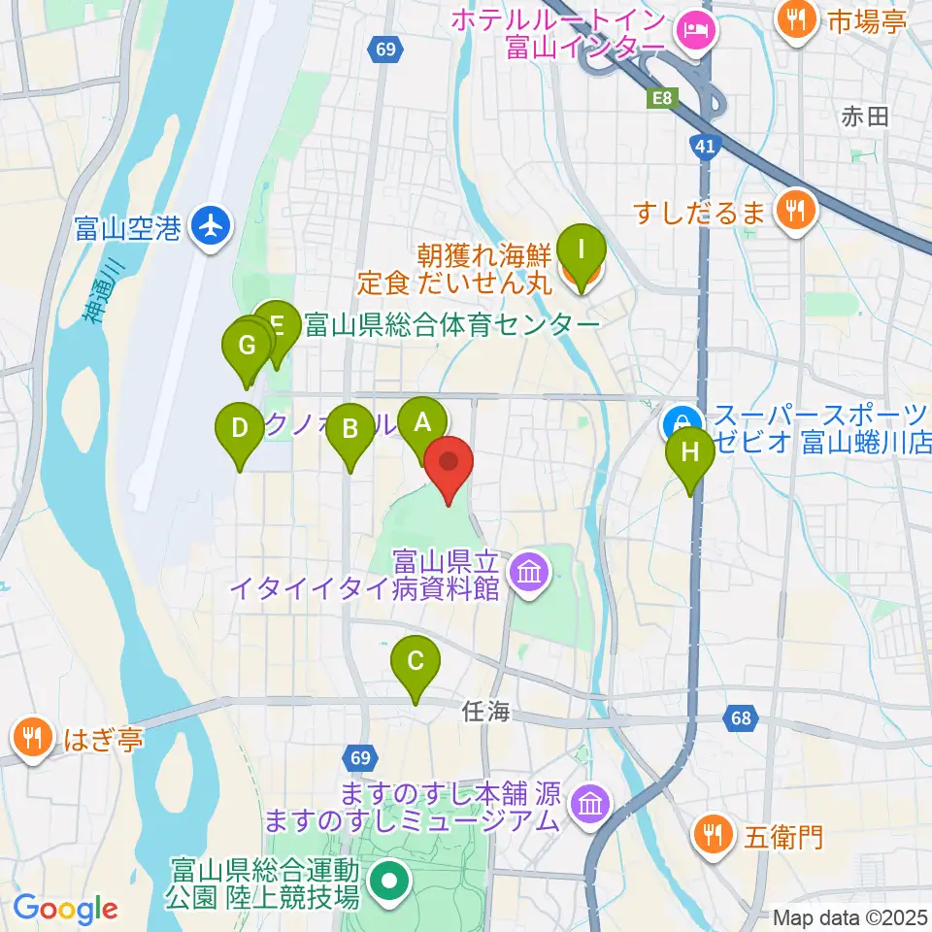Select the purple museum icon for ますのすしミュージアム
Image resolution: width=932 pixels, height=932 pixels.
tap(589, 805)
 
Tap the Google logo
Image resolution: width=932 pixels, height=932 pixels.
tap(66, 909)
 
